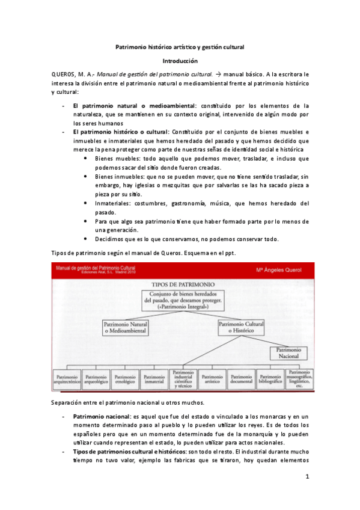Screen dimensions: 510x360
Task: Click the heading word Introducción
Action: click(180, 61)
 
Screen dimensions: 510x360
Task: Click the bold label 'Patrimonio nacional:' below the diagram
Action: click(100, 416)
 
